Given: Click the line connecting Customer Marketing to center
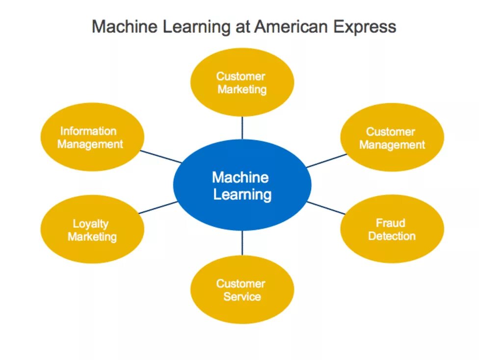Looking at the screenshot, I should (242, 128).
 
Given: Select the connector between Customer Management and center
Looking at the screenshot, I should (326, 161).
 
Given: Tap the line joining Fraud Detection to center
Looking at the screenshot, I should (326, 207).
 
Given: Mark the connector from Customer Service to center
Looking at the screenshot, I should (242, 243).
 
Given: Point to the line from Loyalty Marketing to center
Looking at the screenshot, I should (158, 207).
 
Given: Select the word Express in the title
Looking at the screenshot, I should (365, 27).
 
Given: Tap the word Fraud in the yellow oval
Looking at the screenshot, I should (391, 223).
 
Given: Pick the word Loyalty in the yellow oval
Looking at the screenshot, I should (91, 224).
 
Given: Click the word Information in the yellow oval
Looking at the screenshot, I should (88, 131).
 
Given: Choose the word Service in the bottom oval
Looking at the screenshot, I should (242, 297).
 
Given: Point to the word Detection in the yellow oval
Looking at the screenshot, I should (392, 236).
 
